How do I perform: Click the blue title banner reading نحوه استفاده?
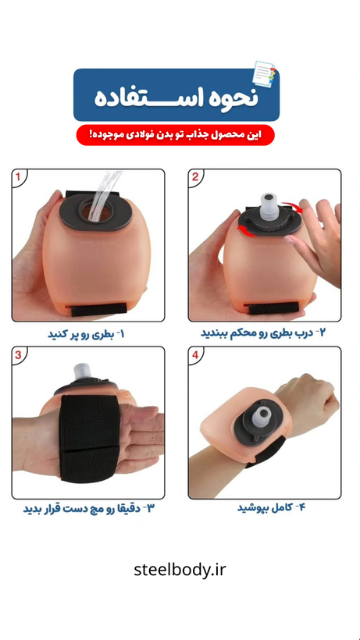pyautogui.click(x=176, y=94)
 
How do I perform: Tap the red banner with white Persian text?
pyautogui.click(x=176, y=135)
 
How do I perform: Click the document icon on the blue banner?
pyautogui.click(x=264, y=73)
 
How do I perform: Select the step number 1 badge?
pyautogui.click(x=17, y=177)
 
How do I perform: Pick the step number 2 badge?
pyautogui.click(x=195, y=176)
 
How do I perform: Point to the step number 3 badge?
pyautogui.click(x=18, y=354)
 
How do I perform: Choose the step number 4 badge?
pyautogui.click(x=195, y=354)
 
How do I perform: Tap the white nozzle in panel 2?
pyautogui.click(x=269, y=204)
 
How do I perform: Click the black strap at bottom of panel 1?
pyautogui.click(x=98, y=309)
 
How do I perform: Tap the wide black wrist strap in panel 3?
pyautogui.click(x=90, y=438)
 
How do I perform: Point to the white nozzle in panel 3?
pyautogui.click(x=84, y=372)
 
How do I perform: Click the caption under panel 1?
pyautogui.click(x=86, y=335)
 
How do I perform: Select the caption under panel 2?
pyautogui.click(x=263, y=332)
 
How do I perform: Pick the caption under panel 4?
pyautogui.click(x=272, y=508)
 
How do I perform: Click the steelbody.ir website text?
pyautogui.click(x=180, y=570)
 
